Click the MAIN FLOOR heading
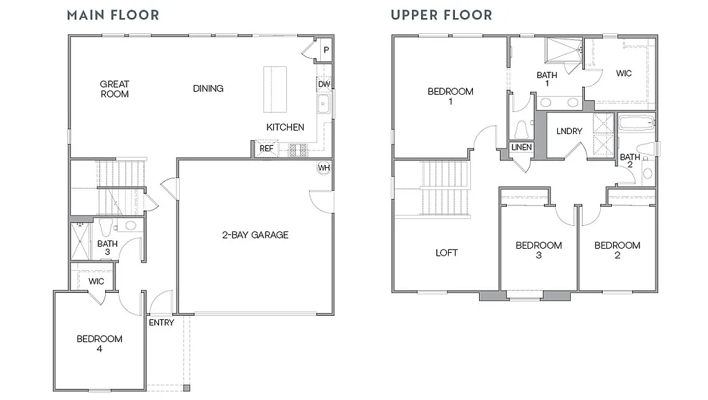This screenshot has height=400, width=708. click(113, 15)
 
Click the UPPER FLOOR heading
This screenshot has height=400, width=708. click(441, 15)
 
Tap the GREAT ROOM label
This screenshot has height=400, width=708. click(115, 89)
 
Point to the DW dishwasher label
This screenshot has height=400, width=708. click(324, 85)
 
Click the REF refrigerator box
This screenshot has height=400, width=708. click(265, 149)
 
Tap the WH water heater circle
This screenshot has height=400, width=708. click(324, 167)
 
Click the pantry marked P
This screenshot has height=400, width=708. click(325, 50)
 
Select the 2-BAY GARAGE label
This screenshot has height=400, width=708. click(255, 235)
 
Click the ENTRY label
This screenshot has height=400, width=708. click(161, 323)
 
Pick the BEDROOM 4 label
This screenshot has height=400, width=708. click(100, 343)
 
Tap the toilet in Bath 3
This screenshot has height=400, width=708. click(106, 226)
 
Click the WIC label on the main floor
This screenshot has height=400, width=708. click(96, 281)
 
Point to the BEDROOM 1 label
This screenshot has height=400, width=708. click(450, 96)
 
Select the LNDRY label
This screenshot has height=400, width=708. click(569, 131)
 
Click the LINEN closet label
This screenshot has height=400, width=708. click(521, 147)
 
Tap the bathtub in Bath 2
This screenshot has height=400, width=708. click(636, 125)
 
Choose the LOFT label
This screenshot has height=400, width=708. click(447, 253)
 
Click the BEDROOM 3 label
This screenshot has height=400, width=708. click(539, 250)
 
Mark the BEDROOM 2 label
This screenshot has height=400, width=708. click(617, 250)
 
